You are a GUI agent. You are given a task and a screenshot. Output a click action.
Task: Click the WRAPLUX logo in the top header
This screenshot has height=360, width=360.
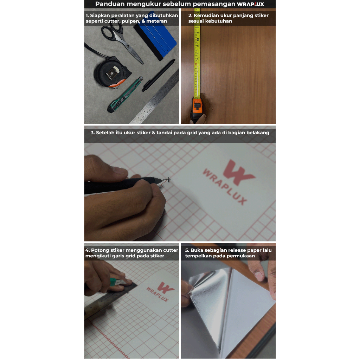tap(250, 4)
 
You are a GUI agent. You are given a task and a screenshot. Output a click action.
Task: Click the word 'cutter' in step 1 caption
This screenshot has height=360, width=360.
tap(113, 21)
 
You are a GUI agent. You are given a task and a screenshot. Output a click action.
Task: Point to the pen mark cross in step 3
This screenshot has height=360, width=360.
tap(169, 180)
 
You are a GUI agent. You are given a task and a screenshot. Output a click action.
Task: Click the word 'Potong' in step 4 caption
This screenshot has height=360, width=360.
tap(100, 250)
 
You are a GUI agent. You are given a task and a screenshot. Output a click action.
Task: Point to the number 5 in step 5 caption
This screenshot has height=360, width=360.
tap(187, 250)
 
